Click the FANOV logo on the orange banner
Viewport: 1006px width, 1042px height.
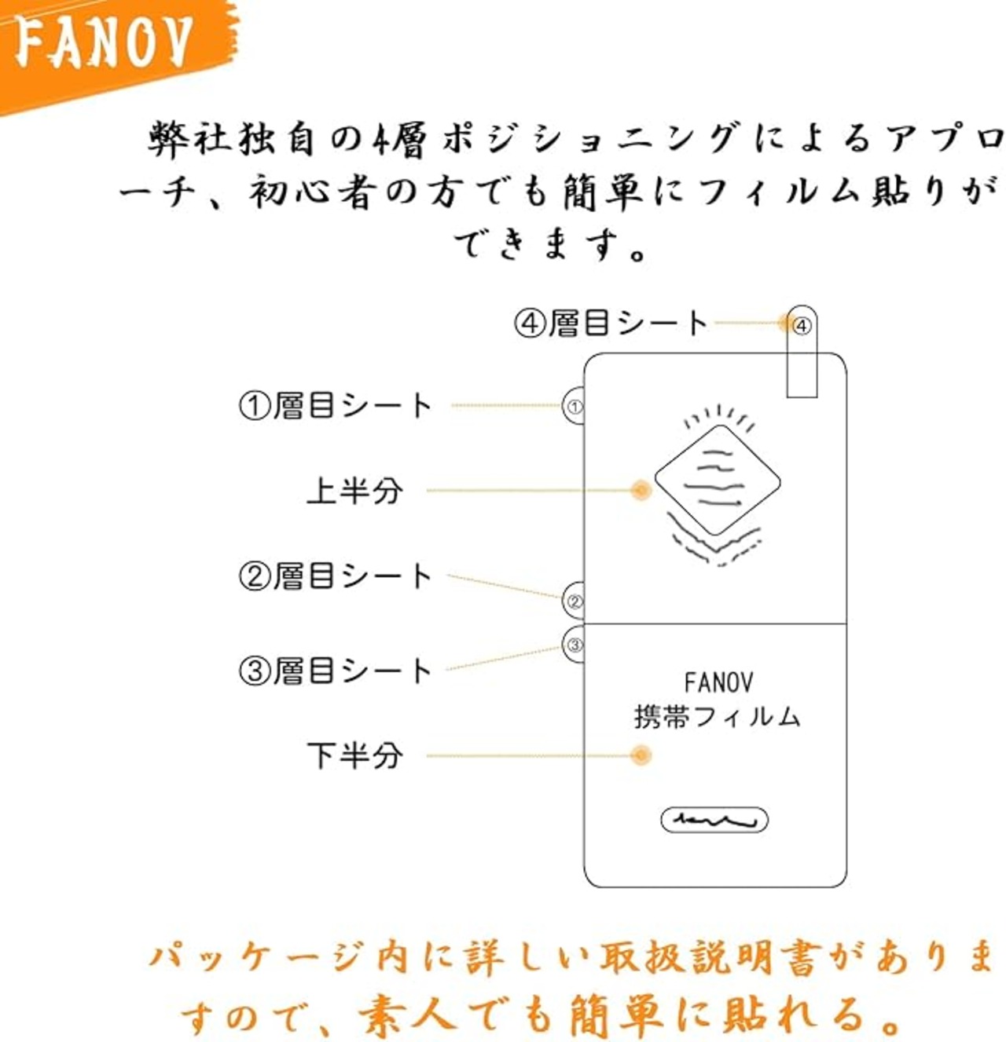click(102, 43)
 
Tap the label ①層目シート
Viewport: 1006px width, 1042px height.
click(336, 405)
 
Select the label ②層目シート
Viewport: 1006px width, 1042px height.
click(336, 576)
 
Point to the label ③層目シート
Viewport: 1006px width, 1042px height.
click(336, 671)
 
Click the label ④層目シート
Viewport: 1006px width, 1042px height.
click(611, 324)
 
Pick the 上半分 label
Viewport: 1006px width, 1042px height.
click(354, 491)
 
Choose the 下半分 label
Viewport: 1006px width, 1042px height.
click(354, 755)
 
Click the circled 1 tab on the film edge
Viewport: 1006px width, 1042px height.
click(574, 407)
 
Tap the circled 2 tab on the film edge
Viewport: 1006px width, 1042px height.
click(574, 601)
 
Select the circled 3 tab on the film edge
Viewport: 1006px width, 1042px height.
click(574, 645)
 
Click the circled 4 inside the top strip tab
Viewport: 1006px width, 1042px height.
click(802, 325)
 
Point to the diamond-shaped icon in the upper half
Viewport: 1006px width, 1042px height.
click(718, 481)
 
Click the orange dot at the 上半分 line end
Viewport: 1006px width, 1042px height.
click(641, 490)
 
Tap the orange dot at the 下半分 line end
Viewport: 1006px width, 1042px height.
click(641, 755)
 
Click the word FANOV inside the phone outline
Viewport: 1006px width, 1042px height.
click(718, 682)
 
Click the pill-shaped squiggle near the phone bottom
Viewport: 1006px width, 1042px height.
click(714, 820)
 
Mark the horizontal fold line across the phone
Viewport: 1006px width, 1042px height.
click(715, 623)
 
